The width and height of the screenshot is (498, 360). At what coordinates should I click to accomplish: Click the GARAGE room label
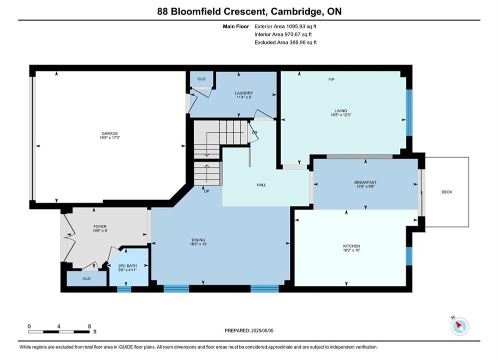pyautogui.click(x=110, y=133)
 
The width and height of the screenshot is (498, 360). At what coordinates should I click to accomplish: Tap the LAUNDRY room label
pyautogui.click(x=244, y=93)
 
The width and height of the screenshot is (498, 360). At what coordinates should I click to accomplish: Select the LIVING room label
pyautogui.click(x=341, y=110)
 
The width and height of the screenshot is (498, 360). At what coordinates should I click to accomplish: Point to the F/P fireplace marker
pyautogui.click(x=331, y=79)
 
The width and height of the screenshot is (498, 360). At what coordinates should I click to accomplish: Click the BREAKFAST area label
pyautogui.click(x=365, y=182)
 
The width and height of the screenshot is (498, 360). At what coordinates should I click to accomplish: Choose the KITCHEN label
pyautogui.click(x=351, y=246)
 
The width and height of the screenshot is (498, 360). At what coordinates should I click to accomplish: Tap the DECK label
pyautogui.click(x=446, y=192)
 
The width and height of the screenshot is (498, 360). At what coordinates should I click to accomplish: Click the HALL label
pyautogui.click(x=261, y=184)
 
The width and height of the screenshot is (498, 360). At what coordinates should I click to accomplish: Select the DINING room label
pyautogui.click(x=198, y=240)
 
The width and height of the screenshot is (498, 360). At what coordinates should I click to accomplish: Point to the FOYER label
pyautogui.click(x=100, y=226)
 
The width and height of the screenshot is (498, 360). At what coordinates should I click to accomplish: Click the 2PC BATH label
pyautogui.click(x=127, y=266)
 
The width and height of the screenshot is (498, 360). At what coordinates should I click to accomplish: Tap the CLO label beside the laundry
pyautogui.click(x=201, y=78)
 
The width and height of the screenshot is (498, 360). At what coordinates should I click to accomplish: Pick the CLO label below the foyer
pyautogui.click(x=87, y=278)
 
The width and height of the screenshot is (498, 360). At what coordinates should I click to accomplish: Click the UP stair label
pyautogui.click(x=206, y=191)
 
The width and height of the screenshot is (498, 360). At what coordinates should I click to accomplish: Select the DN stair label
pyautogui.click(x=254, y=132)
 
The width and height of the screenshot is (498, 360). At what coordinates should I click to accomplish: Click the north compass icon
pyautogui.click(x=459, y=325)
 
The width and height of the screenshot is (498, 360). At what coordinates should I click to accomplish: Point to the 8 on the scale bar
pyautogui.click(x=90, y=326)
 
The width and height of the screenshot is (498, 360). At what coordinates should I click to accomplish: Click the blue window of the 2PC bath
pyautogui.click(x=124, y=289)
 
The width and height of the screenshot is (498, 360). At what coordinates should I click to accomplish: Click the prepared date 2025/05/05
pyautogui.click(x=262, y=330)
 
